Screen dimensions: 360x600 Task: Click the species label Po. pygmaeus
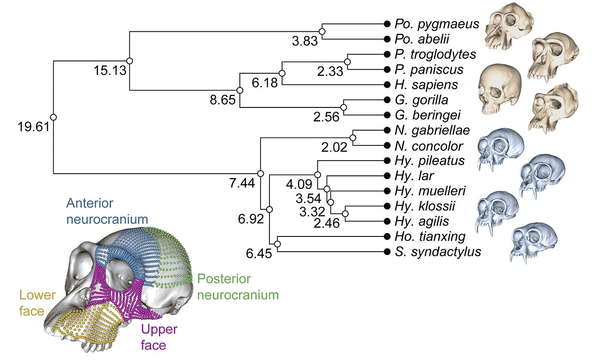coord(436,24)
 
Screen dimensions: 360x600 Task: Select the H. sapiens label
coord(426,84)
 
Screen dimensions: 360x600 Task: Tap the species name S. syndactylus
coord(438,252)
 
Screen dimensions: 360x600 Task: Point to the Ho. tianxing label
coord(430,236)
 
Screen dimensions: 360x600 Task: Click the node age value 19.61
coord(33,127)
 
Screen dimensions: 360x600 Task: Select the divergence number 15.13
coord(110,70)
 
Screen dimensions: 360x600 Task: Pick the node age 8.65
coord(223,100)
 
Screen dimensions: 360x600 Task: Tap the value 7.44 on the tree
coord(242,183)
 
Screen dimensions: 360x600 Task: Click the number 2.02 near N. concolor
coord(334,147)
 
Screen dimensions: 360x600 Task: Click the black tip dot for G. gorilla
coord(387,100)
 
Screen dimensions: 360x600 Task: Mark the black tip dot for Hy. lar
coord(387,176)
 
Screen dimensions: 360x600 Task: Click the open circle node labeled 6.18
coord(282,73)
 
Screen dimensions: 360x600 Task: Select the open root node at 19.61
coord(53,117)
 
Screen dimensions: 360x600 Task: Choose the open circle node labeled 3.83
coord(322,31)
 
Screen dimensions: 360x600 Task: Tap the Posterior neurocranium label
coord(238,287)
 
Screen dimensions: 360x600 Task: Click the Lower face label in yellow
coord(37,303)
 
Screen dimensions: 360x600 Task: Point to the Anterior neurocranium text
coord(107,211)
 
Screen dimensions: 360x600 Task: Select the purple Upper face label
coord(159,337)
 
